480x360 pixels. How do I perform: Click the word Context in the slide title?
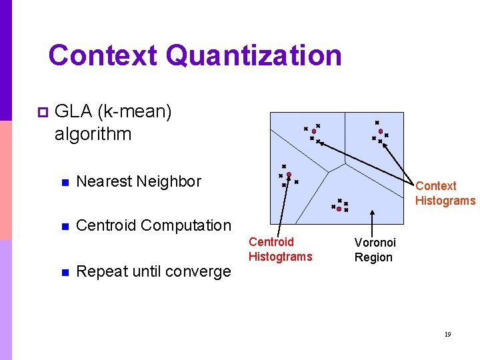point(103,55)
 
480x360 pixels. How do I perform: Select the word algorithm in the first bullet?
point(93,133)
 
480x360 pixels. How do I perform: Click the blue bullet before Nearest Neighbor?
point(64,182)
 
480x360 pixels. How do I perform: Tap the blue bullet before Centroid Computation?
point(64,226)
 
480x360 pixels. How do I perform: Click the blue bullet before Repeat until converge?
point(64,272)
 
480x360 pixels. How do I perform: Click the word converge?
point(198,272)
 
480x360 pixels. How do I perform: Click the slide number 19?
point(447,334)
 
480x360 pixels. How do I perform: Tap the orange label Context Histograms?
point(445,193)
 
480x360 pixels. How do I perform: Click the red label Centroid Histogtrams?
point(280,249)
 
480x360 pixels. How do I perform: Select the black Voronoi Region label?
point(375,250)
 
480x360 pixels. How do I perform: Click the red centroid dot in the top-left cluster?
point(313,131)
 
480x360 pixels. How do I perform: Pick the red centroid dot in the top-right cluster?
point(381,132)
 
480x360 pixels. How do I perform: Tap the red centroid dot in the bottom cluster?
point(339,209)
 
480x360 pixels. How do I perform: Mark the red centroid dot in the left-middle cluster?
point(289,175)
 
